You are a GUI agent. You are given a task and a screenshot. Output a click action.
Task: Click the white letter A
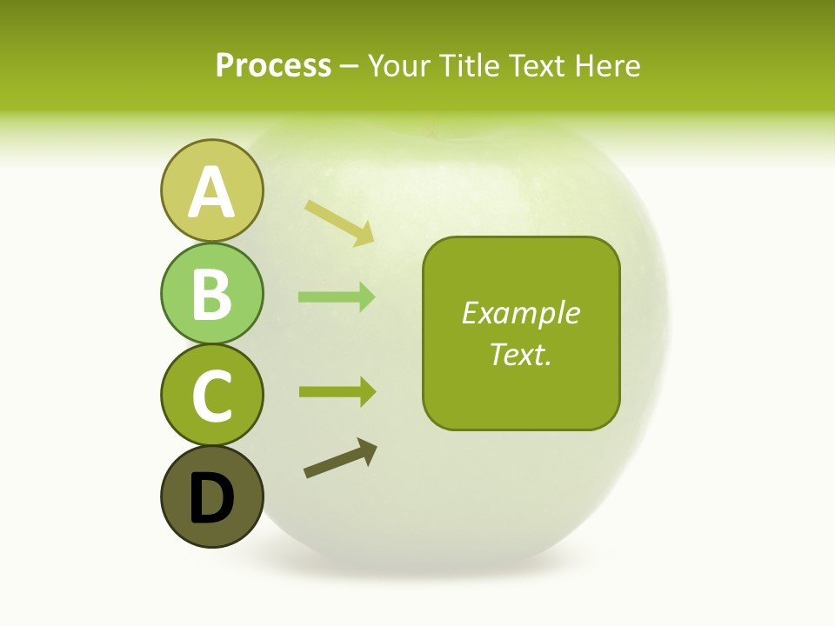point(212,192)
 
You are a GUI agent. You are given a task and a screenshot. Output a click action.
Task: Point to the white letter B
point(212,294)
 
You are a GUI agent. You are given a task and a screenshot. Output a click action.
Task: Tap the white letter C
point(212,396)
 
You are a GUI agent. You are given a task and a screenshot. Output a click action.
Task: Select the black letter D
point(212,497)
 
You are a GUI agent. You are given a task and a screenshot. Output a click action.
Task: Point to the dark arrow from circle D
point(340,459)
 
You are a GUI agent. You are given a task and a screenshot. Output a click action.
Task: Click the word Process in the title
point(273,66)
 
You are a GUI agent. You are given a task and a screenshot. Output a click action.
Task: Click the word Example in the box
point(520,313)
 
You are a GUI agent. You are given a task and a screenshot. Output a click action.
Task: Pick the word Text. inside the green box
point(520,354)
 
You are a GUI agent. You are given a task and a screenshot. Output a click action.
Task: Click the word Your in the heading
point(401,66)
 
